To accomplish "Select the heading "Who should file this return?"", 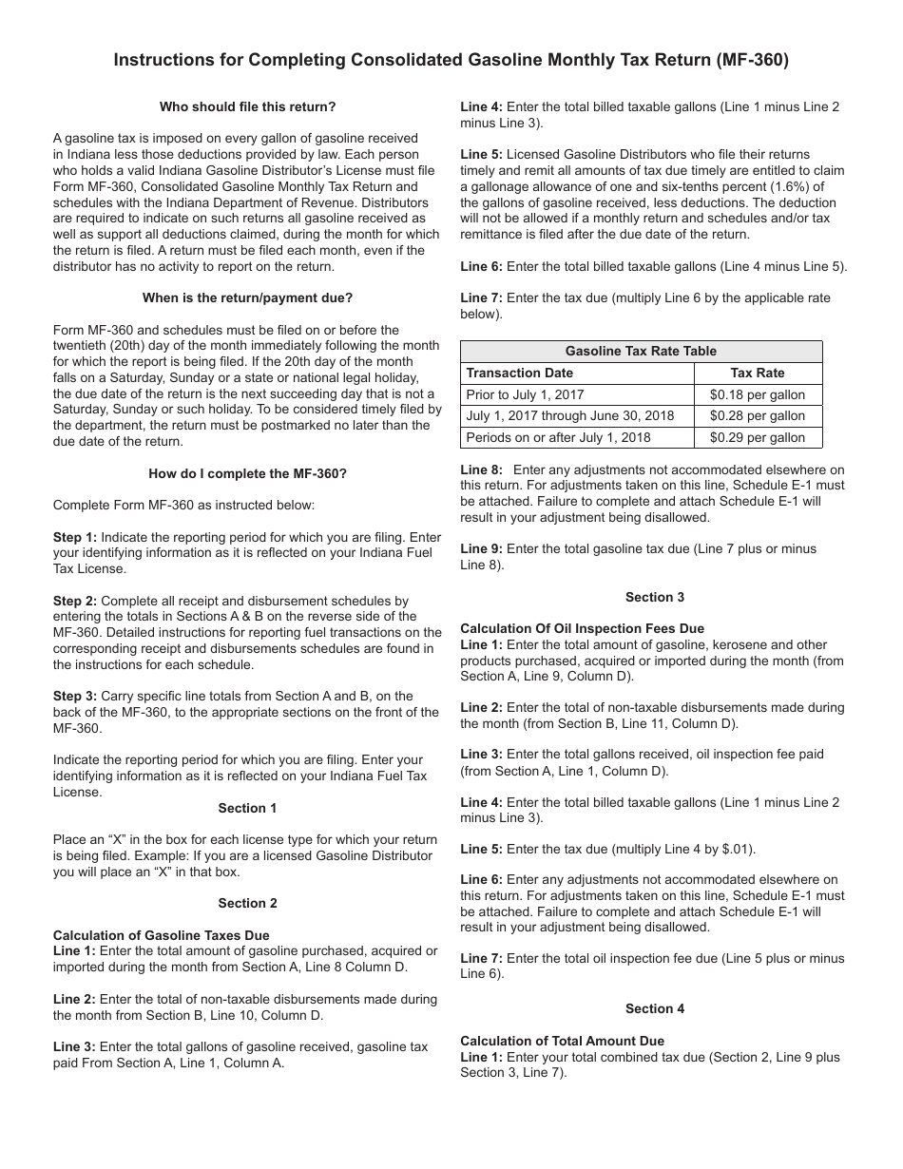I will [247, 106].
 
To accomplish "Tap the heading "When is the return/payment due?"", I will [247, 297].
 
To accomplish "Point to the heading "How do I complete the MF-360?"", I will [247, 473].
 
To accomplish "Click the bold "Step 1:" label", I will [75, 537].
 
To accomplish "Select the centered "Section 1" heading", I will [247, 808].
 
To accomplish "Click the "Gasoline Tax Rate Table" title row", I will [641, 351].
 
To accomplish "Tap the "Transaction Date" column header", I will [520, 373].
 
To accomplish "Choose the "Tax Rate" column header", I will [757, 373].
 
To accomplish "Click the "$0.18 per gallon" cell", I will [757, 394].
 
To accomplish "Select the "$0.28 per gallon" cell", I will [757, 415].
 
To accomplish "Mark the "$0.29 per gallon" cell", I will [757, 437].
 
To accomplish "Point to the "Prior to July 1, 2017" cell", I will [525, 394].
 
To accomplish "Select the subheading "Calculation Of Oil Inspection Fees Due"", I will [582, 628].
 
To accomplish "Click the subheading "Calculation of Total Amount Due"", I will [562, 1041].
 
